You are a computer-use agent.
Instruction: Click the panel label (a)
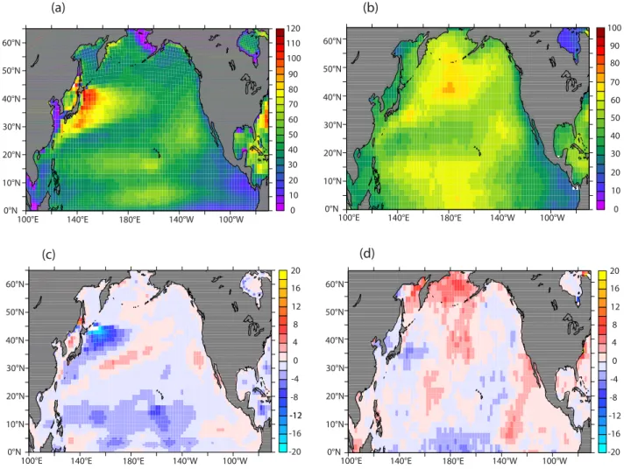tap(58, 8)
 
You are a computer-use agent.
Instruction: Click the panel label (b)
tap(371, 8)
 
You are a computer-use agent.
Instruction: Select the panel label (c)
tap(48, 255)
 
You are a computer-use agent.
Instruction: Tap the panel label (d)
tap(367, 254)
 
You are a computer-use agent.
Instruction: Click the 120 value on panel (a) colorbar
tap(294, 28)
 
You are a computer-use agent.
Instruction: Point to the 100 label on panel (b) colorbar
tap(614, 28)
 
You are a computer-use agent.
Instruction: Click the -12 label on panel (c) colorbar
tap(294, 416)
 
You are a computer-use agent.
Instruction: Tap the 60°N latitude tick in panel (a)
tap(13, 43)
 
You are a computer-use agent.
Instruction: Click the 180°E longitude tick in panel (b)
tap(450, 217)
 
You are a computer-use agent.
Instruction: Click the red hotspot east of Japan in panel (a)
tap(89, 99)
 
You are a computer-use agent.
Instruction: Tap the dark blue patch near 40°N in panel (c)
tap(104, 336)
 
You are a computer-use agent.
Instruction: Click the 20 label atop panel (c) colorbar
tap(295, 270)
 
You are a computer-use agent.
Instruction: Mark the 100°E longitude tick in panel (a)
tap(27, 219)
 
